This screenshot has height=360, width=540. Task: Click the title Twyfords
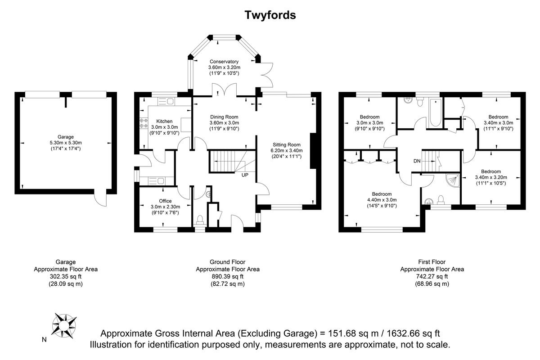tap(270, 15)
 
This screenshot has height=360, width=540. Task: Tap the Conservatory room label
tap(224, 62)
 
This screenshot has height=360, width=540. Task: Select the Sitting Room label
tap(286, 145)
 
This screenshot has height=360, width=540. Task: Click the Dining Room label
tap(224, 117)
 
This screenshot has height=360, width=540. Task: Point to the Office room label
tap(166, 201)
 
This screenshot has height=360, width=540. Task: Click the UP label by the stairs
tap(245, 175)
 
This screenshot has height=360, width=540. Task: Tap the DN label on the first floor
tap(417, 161)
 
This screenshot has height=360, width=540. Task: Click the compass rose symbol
tap(64, 325)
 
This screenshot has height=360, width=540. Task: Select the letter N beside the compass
tap(44, 340)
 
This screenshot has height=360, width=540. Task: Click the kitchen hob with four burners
tap(144, 123)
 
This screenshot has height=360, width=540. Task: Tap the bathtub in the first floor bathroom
tap(436, 113)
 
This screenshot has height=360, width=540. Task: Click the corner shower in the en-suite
tap(452, 180)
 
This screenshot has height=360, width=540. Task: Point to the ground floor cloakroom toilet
tap(200, 220)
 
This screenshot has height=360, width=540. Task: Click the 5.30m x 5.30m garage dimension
tap(66, 143)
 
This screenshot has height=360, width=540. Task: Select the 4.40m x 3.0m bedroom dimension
tap(382, 200)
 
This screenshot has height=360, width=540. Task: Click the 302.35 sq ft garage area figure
tap(66, 277)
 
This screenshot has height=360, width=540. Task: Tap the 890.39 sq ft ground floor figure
tap(228, 277)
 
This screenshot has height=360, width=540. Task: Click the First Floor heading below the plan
tap(432, 262)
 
